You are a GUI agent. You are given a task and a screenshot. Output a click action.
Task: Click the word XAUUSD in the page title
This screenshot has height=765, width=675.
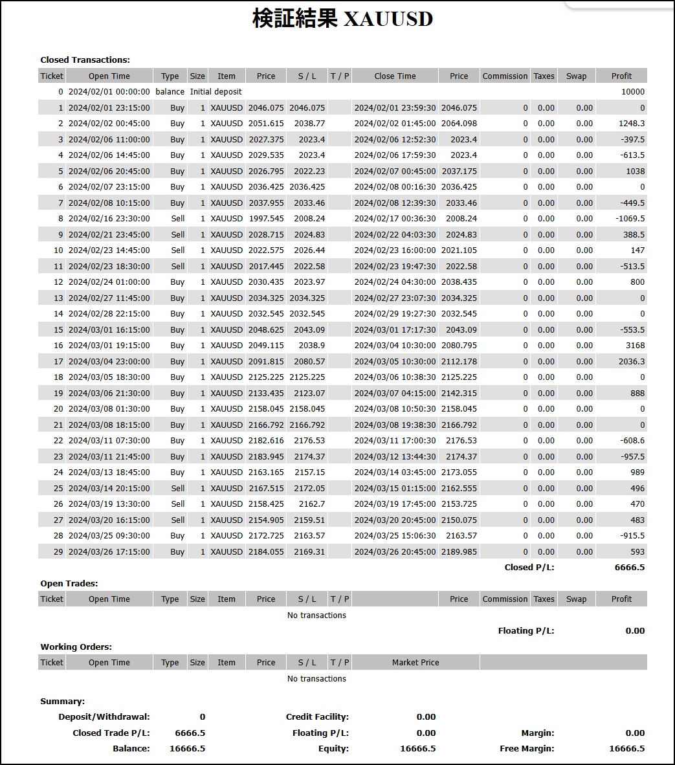click(x=388, y=19)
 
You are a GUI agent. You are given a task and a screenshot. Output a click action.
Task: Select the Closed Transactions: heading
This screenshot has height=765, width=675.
click(x=85, y=60)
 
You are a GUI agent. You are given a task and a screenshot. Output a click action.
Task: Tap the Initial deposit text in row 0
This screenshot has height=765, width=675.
click(x=216, y=92)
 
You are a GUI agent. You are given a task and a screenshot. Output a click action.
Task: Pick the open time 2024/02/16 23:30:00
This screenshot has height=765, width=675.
click(x=109, y=219)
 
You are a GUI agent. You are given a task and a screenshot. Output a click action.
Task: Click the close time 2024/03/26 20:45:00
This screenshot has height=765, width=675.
click(x=395, y=552)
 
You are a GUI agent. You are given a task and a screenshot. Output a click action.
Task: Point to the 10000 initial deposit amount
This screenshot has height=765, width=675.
click(x=632, y=92)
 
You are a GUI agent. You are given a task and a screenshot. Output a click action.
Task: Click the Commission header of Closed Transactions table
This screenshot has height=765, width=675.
click(x=505, y=76)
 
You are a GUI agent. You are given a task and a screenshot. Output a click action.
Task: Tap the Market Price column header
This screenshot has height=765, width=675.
click(x=415, y=663)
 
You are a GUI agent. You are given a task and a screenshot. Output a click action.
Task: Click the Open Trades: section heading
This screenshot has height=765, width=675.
click(x=69, y=583)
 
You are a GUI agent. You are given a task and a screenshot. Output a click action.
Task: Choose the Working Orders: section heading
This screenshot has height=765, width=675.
click(x=76, y=647)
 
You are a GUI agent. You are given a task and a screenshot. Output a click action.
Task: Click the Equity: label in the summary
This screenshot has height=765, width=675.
click(x=333, y=749)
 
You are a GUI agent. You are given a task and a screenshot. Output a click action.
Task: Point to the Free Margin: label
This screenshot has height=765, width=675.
click(x=527, y=749)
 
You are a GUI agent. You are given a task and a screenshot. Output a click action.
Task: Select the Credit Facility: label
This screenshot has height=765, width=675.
click(x=317, y=717)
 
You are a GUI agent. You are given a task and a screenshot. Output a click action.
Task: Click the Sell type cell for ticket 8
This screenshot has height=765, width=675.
click(x=178, y=219)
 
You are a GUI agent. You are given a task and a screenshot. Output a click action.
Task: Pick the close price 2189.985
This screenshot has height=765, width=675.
click(x=459, y=552)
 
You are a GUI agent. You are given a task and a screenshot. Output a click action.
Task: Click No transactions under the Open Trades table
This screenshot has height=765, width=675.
click(x=316, y=615)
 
